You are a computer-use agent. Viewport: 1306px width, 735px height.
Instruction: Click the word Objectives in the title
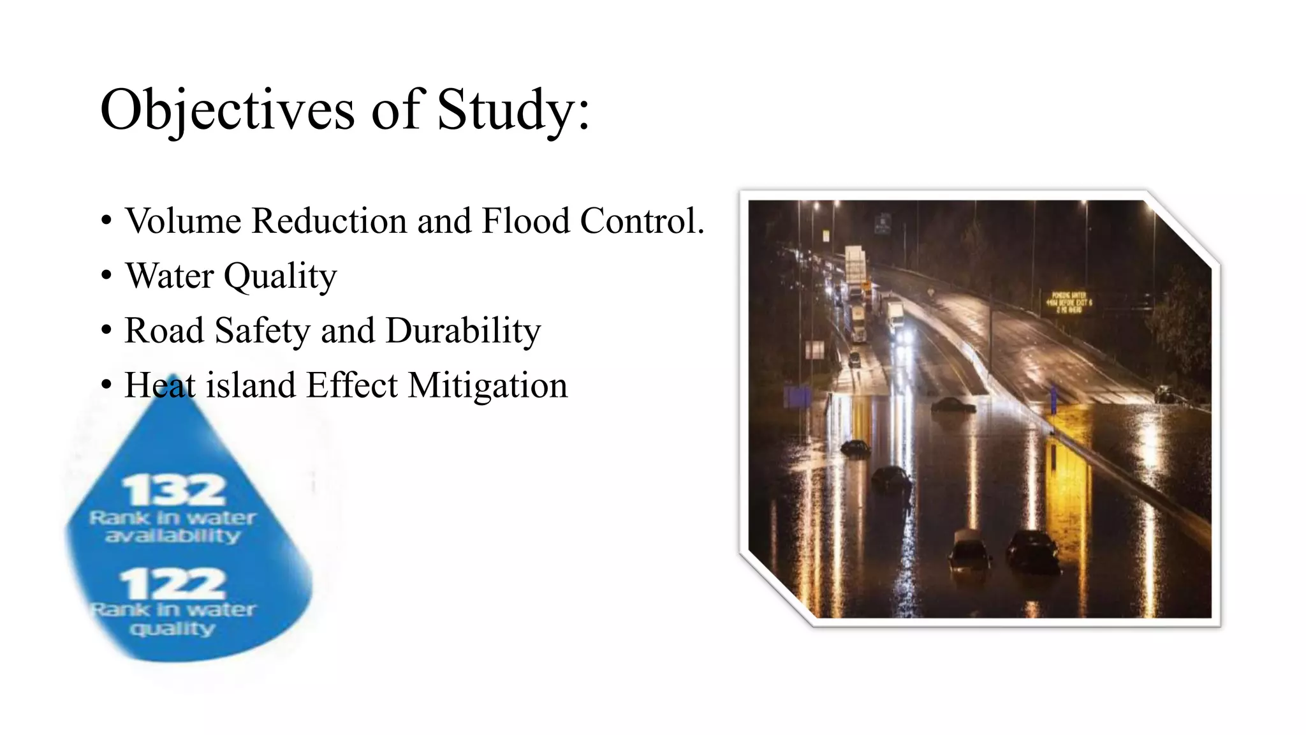coord(227,110)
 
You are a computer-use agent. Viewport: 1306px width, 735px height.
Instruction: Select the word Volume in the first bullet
coord(183,221)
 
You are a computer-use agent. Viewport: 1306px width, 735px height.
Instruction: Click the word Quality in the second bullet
coord(280,276)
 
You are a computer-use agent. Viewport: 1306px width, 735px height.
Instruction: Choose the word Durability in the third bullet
coord(463,330)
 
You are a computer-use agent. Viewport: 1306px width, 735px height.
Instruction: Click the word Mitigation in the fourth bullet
coord(488,385)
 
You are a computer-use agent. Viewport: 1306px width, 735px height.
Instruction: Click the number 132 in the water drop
coord(173,490)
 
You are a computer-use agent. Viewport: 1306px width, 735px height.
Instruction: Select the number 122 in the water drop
coord(173,583)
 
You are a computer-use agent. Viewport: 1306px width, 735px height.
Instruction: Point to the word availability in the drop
coord(173,535)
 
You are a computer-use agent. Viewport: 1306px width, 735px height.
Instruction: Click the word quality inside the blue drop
coord(173,629)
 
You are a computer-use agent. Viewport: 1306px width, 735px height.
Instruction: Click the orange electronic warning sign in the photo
coord(1068,302)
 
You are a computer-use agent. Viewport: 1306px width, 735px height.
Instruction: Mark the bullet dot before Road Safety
coord(106,330)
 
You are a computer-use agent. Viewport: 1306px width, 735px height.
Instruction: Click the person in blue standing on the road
coord(1053,399)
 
